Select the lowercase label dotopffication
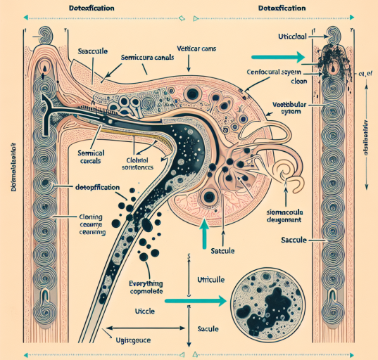97,188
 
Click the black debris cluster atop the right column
330,59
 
